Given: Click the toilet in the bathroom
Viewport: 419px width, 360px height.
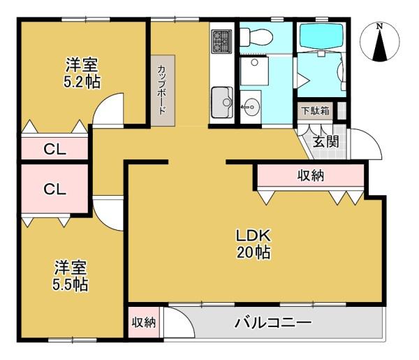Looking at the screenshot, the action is [256, 37].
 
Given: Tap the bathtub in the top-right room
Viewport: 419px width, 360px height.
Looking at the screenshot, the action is [321, 36].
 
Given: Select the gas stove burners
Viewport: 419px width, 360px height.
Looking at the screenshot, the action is [221, 41].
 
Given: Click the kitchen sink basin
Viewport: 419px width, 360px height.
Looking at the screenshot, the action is [222, 102].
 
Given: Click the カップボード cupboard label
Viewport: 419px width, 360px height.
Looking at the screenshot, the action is [162, 90].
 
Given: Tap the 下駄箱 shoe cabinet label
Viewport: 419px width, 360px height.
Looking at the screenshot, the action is [316, 110].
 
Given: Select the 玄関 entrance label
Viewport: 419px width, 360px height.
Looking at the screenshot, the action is [325, 141].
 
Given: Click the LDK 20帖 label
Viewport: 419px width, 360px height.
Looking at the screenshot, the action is [253, 244].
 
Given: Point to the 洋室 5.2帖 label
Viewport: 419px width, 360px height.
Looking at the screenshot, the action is [82, 73].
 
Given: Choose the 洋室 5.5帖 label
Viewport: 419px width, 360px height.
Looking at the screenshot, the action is [71, 275].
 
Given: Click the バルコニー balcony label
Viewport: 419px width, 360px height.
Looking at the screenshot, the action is [273, 322].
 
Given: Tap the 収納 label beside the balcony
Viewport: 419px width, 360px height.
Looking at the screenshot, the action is [144, 322].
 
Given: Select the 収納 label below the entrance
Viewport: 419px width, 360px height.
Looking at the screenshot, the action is [311, 175].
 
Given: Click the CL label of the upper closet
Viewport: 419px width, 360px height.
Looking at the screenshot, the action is [54, 149].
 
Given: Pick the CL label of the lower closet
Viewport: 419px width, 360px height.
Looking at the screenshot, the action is [54, 189].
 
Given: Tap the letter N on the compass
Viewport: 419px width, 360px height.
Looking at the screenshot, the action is [379, 26].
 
